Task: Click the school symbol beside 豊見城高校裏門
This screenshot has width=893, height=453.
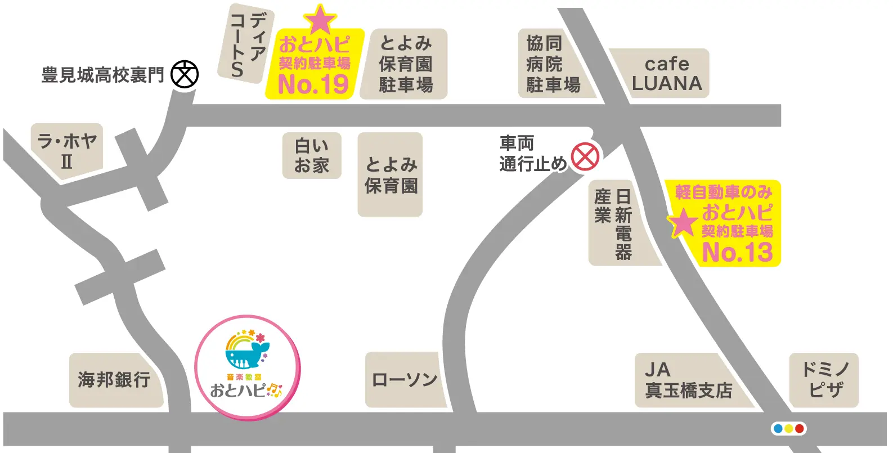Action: pos(185,74)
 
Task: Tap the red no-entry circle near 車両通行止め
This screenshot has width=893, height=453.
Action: pos(585,156)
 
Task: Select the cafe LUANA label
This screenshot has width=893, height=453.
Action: pos(667,74)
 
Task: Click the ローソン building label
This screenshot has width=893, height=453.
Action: pos(405,380)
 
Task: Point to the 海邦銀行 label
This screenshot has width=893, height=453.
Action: pos(114,380)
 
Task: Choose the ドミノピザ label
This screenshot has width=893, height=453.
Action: pos(825,380)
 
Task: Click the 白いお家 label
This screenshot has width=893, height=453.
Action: pos(312,156)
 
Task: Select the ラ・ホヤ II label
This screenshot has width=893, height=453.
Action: pos(67,151)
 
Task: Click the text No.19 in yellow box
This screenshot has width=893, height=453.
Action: pos(313,84)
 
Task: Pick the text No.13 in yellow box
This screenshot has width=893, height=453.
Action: pos(738,252)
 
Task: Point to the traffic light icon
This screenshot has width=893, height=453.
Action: pos(788,429)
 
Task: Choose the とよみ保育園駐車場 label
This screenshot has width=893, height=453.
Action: pos(405,64)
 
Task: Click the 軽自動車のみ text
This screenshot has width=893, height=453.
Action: pos(724,192)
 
